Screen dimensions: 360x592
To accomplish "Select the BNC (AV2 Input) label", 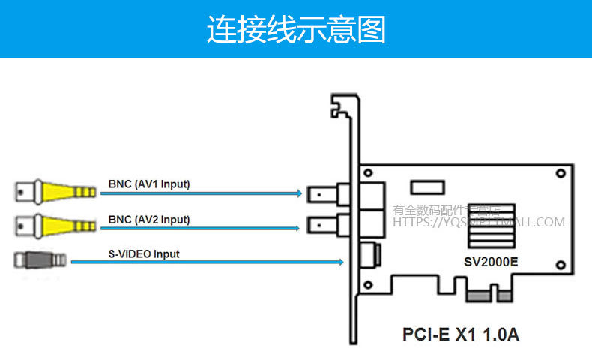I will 149,220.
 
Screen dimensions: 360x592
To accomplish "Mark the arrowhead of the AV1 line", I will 297,193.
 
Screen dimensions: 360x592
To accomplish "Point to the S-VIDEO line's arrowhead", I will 340,262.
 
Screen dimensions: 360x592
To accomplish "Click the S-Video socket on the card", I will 370,255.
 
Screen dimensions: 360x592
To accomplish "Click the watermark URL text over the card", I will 480,222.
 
